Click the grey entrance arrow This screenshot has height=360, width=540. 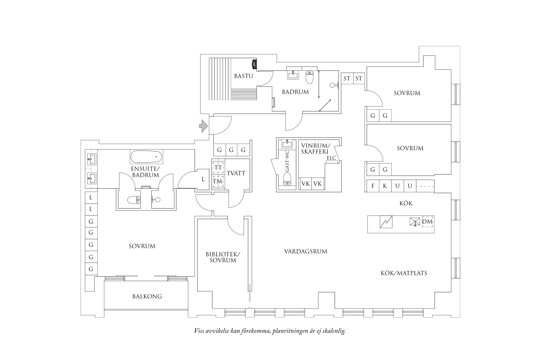pyautogui.click(x=203, y=126)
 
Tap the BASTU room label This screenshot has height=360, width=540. pyautogui.click(x=243, y=76)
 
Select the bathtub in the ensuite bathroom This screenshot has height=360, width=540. pyautogui.click(x=146, y=157)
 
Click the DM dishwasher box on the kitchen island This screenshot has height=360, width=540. pyautogui.click(x=427, y=222)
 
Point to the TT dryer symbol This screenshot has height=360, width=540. pyautogui.click(x=218, y=168)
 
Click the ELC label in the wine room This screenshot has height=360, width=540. pyautogui.click(x=331, y=158)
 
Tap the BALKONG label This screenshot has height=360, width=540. pyautogui.click(x=147, y=296)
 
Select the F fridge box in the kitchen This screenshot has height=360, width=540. pyautogui.click(x=373, y=186)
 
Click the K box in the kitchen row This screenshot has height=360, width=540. pyautogui.click(x=385, y=186)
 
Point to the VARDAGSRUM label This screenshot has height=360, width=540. pyautogui.click(x=305, y=251)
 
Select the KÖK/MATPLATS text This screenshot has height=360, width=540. pyautogui.click(x=404, y=273)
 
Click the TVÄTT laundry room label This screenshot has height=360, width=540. pyautogui.click(x=236, y=173)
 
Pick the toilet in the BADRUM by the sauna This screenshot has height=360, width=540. pyautogui.click(x=309, y=77)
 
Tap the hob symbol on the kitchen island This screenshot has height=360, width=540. pyautogui.click(x=386, y=222)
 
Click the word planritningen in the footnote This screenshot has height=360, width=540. pyautogui.click(x=289, y=331)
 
